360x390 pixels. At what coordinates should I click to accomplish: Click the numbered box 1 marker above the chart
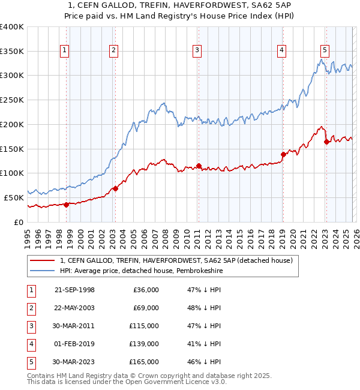pos(64,50)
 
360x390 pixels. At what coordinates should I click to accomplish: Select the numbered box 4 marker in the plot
pos(281,50)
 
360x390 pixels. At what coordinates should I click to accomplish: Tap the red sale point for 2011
pos(199,166)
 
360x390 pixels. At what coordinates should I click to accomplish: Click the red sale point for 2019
pos(283,154)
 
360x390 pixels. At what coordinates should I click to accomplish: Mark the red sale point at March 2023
pos(326,142)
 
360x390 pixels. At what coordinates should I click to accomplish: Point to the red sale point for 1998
pos(67,204)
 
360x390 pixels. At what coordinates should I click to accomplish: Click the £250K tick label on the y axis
pos(11,100)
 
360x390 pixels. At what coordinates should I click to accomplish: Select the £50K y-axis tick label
pos(14,197)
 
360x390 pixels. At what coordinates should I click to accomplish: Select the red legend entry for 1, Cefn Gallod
pos(176,260)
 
